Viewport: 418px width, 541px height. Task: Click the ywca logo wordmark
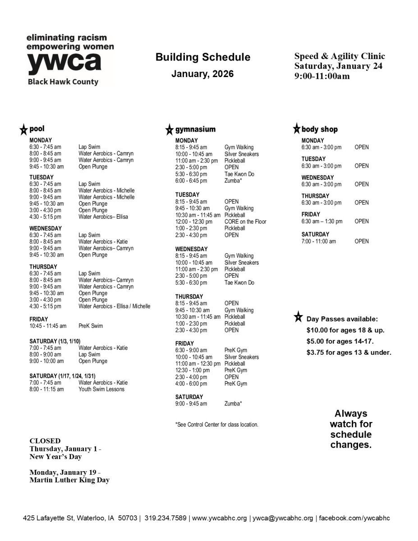[64, 63]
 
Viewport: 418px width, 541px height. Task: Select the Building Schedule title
[202, 57]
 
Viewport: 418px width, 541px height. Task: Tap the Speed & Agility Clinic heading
[340, 56]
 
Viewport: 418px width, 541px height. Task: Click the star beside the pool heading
[23, 130]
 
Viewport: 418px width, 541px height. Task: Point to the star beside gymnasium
[169, 130]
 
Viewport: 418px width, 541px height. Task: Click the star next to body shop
[296, 129]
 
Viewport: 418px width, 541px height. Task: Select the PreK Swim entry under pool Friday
[91, 326]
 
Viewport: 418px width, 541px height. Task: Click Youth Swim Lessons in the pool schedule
[101, 389]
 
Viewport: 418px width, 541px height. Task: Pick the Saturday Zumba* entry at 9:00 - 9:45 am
[233, 403]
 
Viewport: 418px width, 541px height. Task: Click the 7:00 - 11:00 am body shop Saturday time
[319, 241]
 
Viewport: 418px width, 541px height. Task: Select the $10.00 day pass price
[317, 330]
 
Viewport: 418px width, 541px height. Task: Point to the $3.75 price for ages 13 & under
[316, 353]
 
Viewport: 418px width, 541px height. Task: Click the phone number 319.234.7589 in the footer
[165, 518]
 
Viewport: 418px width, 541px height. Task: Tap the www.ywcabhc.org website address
[220, 518]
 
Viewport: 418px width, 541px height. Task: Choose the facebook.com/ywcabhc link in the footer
[354, 518]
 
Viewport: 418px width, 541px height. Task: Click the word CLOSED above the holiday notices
[45, 440]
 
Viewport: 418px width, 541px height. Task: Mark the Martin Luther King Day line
[69, 480]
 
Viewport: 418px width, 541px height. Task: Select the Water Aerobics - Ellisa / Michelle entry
[115, 307]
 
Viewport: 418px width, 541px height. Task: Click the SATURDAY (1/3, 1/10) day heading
[55, 341]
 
